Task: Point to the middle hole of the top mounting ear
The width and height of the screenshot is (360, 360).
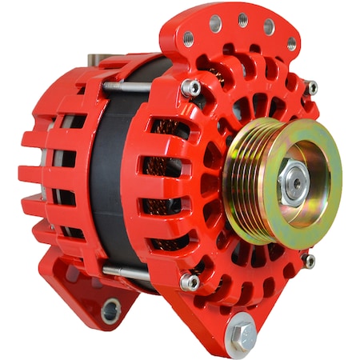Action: coord(243,19)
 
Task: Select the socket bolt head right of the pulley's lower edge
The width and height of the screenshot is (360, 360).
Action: coord(307,260)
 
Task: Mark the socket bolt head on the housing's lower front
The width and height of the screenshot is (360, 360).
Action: coord(190,281)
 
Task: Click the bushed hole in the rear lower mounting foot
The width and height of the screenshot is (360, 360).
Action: coord(111,308)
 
